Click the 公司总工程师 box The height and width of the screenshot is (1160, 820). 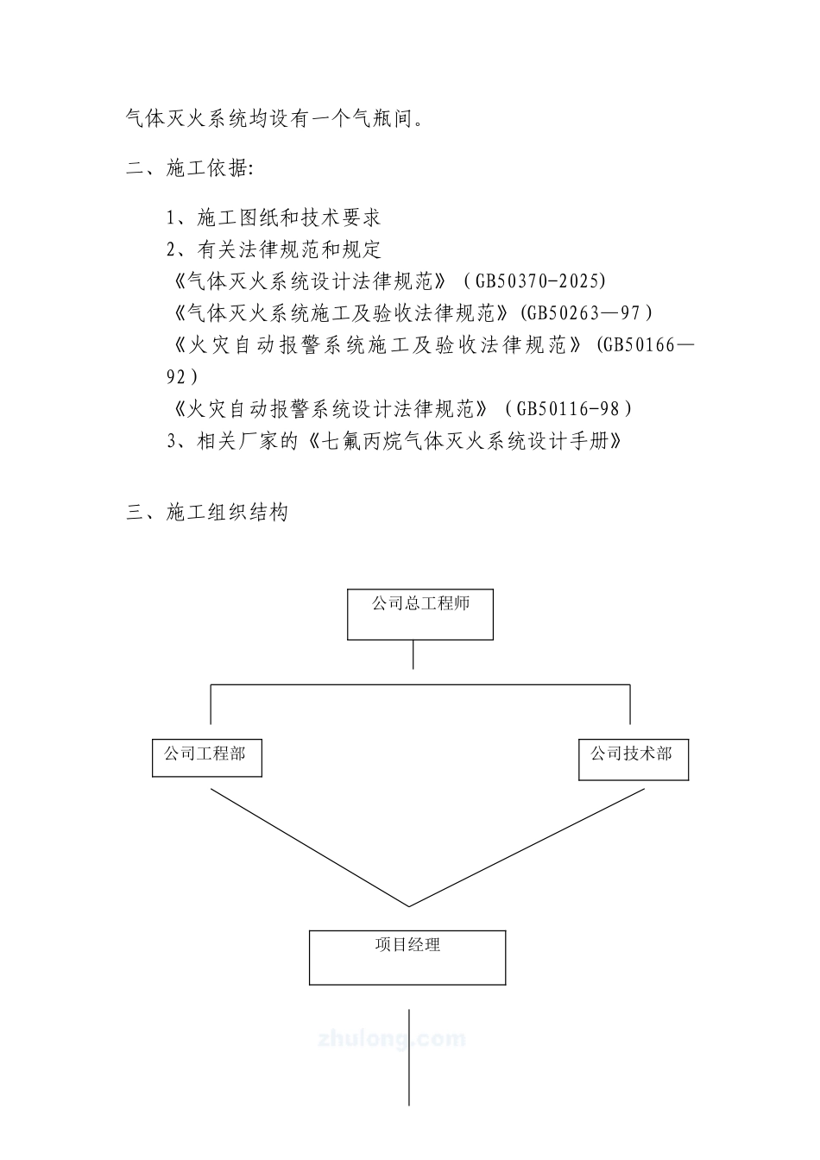pyautogui.click(x=420, y=614)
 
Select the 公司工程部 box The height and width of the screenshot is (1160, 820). pyautogui.click(x=206, y=757)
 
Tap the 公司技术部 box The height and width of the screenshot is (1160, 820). pyautogui.click(x=633, y=757)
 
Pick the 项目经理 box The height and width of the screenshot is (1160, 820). pyautogui.click(x=407, y=956)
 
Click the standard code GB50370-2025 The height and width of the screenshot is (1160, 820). pyautogui.click(x=542, y=281)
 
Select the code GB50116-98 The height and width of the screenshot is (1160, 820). pyautogui.click(x=570, y=409)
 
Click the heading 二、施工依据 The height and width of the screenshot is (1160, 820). pyautogui.click(x=189, y=168)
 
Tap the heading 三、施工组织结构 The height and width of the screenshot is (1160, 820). pyautogui.click(x=207, y=513)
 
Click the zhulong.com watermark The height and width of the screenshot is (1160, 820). pyautogui.click(x=393, y=1038)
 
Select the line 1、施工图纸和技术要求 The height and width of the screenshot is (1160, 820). pyautogui.click(x=274, y=217)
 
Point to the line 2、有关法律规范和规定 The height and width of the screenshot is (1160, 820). pyautogui.click(x=274, y=250)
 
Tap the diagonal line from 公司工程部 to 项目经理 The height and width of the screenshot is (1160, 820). pyautogui.click(x=308, y=847)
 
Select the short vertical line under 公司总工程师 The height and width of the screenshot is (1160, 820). pyautogui.click(x=413, y=653)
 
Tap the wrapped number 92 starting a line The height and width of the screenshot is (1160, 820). pyautogui.click(x=180, y=377)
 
